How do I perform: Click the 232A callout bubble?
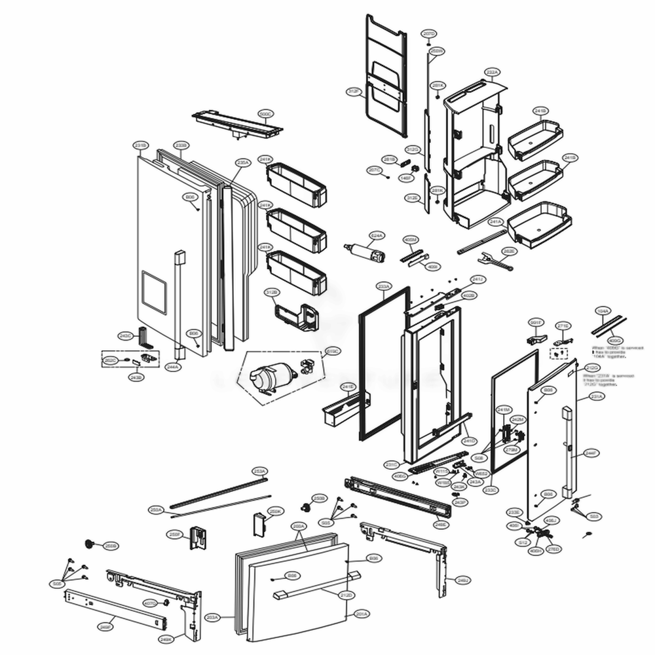point(492,71)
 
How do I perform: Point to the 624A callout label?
point(377,234)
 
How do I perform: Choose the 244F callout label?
point(591,452)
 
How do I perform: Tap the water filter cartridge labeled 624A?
point(364,253)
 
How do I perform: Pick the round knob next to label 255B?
point(305,507)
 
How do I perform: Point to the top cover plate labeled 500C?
point(236,124)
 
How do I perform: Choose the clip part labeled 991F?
point(536,339)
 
